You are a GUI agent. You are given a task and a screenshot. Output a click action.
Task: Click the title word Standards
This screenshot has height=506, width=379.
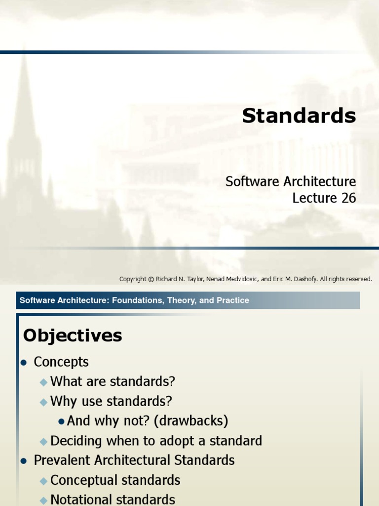click(x=299, y=116)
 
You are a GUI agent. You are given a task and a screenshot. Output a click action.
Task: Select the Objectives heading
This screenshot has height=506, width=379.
click(x=73, y=336)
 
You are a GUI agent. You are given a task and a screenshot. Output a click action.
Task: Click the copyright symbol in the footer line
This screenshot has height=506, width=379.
click(x=151, y=279)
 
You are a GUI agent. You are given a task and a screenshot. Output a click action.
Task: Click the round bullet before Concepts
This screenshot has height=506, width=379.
click(x=23, y=362)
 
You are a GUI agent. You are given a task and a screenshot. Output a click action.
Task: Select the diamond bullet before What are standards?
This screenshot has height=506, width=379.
click(x=43, y=382)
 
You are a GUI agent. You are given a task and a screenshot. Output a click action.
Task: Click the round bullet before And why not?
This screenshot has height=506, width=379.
click(x=61, y=422)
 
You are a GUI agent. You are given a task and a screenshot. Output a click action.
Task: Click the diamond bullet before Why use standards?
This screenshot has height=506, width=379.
click(x=43, y=402)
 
